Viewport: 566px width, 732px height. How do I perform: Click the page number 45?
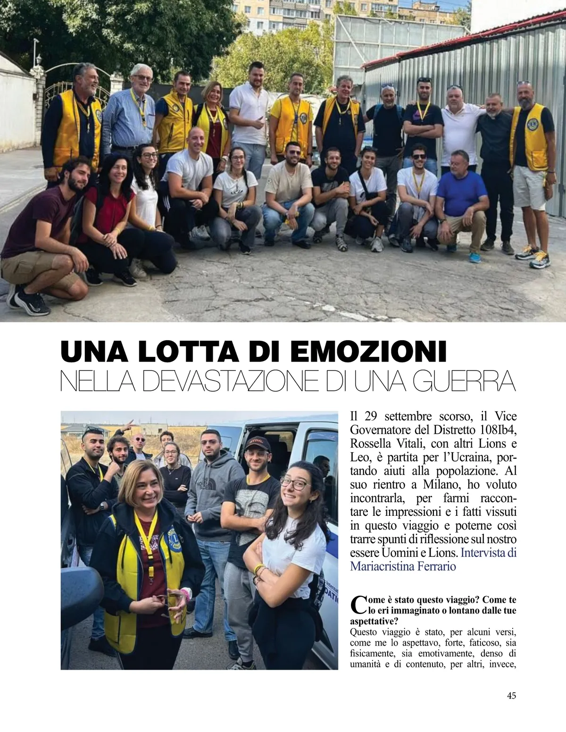[x=511, y=695]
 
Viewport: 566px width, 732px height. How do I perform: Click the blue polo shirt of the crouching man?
[x=461, y=194]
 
